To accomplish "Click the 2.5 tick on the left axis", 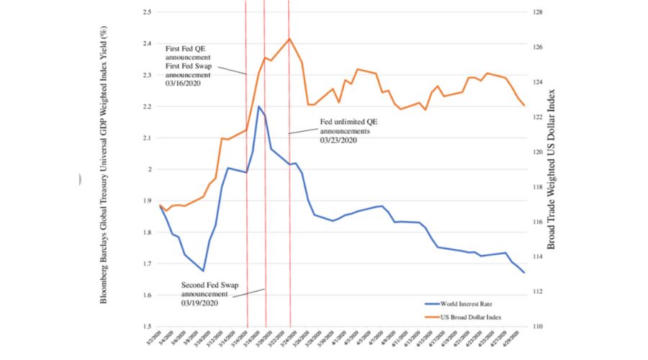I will (x=145, y=12).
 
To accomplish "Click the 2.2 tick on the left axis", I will (x=145, y=107).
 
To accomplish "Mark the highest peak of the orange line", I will (x=289, y=39).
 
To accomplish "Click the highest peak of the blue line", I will (x=258, y=107).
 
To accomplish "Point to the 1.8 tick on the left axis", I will (x=145, y=233).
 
